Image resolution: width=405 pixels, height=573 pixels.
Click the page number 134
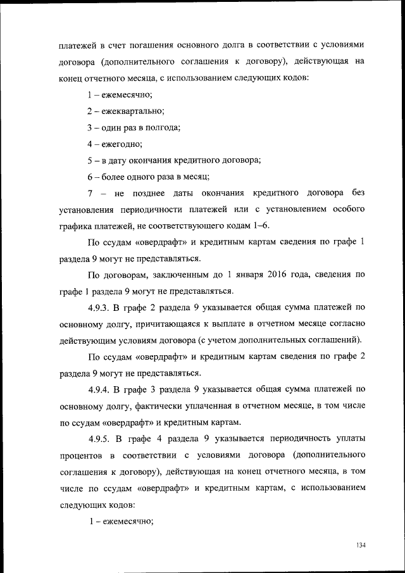point(361,546)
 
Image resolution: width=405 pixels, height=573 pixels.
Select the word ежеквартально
point(130,111)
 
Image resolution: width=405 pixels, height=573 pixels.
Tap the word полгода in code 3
point(164,127)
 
